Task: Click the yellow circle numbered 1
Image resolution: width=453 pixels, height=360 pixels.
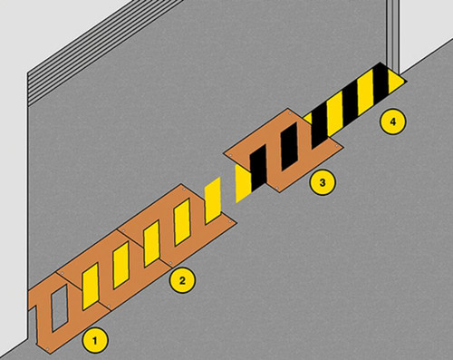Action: [95, 341]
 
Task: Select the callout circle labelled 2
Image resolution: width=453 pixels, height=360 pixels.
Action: [182, 280]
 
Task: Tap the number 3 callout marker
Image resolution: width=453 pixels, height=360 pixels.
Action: [323, 182]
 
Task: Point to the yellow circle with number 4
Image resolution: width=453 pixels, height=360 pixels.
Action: [392, 122]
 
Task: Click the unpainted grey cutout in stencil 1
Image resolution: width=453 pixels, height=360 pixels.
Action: [60, 307]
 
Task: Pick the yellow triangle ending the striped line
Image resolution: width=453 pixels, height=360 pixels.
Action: [396, 81]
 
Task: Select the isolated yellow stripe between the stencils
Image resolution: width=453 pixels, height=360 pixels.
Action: [213, 200]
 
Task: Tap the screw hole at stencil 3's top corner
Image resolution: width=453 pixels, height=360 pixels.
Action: [290, 113]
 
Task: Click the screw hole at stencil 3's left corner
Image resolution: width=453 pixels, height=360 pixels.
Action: [231, 155]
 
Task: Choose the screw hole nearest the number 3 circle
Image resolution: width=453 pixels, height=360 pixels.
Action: [278, 188]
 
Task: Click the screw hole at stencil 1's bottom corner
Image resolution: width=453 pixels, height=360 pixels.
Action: [48, 349]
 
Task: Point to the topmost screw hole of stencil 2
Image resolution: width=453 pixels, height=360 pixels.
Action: [184, 190]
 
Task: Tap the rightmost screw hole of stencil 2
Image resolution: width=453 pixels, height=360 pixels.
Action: [230, 222]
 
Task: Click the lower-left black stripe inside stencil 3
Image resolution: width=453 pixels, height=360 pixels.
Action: [258, 168]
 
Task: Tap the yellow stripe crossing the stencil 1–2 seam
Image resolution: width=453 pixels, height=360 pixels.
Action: [91, 287]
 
